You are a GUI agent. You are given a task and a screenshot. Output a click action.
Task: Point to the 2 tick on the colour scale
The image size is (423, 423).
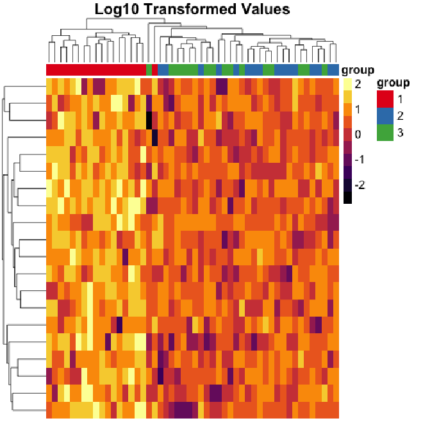click(x=358, y=83)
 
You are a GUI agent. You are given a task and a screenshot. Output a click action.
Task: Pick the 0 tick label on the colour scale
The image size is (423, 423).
click(x=358, y=134)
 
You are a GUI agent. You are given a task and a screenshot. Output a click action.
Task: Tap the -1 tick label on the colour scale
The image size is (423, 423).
click(x=359, y=159)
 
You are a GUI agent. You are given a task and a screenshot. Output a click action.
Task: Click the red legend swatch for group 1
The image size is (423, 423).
click(x=385, y=99)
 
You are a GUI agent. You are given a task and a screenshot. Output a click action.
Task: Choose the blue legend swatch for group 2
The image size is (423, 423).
click(x=385, y=115)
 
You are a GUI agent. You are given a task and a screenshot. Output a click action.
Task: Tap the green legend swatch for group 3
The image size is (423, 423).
click(x=385, y=132)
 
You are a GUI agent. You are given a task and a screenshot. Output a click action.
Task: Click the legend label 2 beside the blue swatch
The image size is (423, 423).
click(x=399, y=115)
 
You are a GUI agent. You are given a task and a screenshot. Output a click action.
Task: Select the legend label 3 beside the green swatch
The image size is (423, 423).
click(x=399, y=132)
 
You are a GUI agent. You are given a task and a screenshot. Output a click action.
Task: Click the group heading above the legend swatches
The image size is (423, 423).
click(x=394, y=83)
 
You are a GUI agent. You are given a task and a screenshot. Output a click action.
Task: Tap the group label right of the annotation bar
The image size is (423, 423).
click(x=358, y=69)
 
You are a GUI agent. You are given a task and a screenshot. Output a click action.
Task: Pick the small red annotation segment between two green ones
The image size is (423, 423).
click(x=154, y=69)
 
